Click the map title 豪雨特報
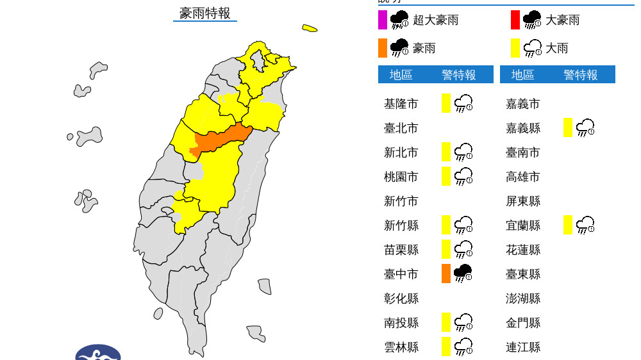click(x=204, y=13)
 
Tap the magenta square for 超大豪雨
click(x=382, y=20)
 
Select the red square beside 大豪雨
click(x=515, y=20)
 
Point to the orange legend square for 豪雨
click(x=382, y=48)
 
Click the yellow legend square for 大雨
click(x=515, y=48)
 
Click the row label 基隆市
click(x=401, y=104)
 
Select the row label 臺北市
click(x=401, y=128)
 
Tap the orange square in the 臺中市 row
click(x=446, y=274)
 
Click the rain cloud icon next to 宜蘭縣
click(x=585, y=225)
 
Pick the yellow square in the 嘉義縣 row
click(x=568, y=127)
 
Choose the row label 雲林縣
click(x=401, y=347)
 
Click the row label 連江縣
click(x=522, y=347)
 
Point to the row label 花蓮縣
click(x=522, y=250)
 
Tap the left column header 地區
click(x=401, y=75)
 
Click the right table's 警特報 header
click(x=581, y=75)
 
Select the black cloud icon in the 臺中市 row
click(x=463, y=274)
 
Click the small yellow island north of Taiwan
click(x=310, y=28)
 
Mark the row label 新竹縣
click(x=401, y=225)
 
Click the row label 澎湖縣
click(x=522, y=299)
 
